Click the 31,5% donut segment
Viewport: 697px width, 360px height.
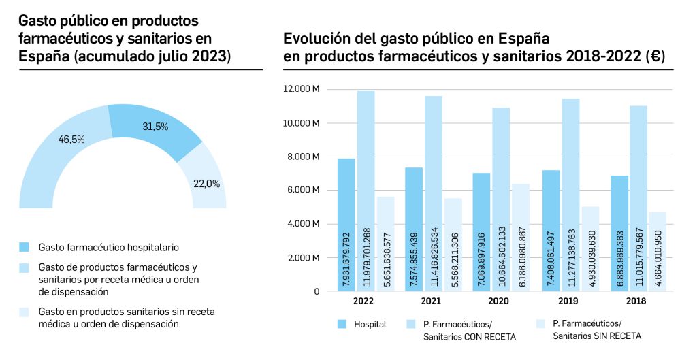(153, 129)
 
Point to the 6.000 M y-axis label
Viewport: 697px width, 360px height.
(305, 190)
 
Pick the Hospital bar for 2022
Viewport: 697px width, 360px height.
(346, 225)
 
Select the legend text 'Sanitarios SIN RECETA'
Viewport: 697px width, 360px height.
(597, 336)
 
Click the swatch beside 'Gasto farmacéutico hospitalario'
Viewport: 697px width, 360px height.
(25, 246)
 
